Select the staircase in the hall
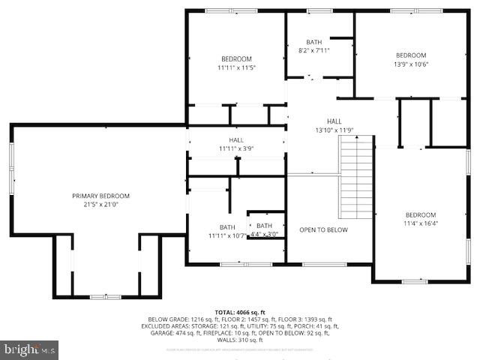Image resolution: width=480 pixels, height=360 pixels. coord(357,176)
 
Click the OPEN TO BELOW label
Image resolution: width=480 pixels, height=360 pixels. coord(323,229)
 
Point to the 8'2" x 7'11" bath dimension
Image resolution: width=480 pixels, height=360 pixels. coord(313,50)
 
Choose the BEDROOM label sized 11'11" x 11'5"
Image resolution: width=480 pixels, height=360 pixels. coord(236,58)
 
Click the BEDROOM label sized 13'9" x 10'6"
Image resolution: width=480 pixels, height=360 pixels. coord(411,55)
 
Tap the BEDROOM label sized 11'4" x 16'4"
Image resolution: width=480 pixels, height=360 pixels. coord(420,214)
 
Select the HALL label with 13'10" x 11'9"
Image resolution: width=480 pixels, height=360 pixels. coord(334,121)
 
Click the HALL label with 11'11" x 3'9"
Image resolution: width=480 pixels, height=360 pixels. coord(236,140)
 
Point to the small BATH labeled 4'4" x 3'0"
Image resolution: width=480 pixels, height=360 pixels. coord(265,226)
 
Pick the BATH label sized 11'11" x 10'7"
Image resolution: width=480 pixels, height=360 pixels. coord(227,227)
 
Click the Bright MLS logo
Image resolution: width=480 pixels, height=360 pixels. coord(30,349)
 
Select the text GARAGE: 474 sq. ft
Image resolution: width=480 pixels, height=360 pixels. coord(172,334)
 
